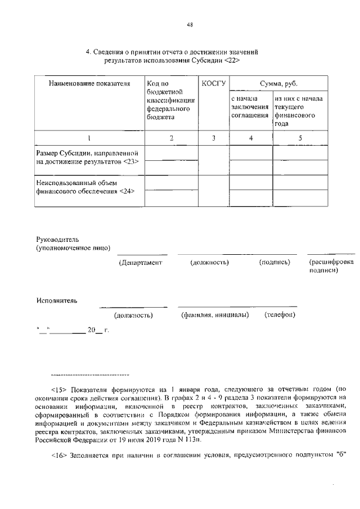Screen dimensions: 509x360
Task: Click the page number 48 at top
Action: pyautogui.click(x=190, y=24)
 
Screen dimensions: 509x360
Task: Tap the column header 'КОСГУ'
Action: pyautogui.click(x=213, y=84)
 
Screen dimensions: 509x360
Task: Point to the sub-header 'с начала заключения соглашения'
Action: pyautogui.click(x=250, y=107)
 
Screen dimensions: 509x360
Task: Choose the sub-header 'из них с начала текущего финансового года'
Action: pyautogui.click(x=298, y=111)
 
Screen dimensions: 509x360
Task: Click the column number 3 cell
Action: pyautogui.click(x=213, y=138)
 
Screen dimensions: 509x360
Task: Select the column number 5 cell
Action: pyautogui.click(x=300, y=138)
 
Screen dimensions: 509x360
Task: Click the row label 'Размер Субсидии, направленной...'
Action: pyautogui.click(x=88, y=157)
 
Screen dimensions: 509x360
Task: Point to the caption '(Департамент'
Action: pyautogui.click(x=140, y=263)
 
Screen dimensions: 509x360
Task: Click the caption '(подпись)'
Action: pyautogui.click(x=274, y=263)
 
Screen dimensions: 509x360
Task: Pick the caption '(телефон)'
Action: pyautogui.click(x=280, y=315)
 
